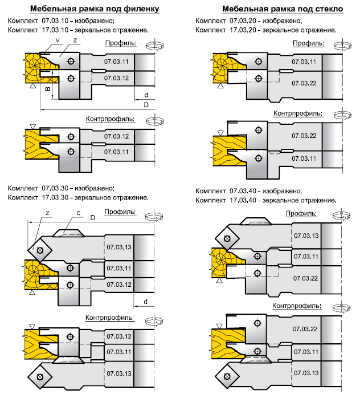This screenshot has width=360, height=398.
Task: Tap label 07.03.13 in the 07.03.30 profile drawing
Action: point(118,247)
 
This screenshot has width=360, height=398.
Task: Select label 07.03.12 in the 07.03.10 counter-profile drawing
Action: point(116,136)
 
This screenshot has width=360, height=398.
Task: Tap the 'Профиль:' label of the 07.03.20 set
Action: point(308,43)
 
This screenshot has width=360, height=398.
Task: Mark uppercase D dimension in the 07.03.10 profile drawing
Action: point(146,105)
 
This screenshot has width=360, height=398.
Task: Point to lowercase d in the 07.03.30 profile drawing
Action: point(146,301)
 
